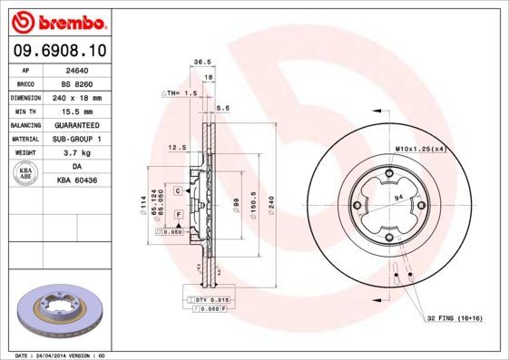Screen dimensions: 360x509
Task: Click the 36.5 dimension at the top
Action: [x=191, y=63]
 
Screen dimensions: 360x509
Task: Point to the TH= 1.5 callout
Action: [x=180, y=93]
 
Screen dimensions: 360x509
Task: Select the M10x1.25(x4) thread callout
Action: [x=419, y=148]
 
